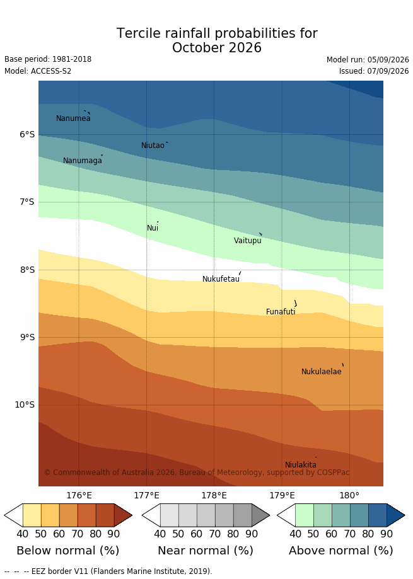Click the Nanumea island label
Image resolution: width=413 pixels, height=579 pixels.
(x=73, y=118)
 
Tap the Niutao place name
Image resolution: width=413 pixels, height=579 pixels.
(x=153, y=146)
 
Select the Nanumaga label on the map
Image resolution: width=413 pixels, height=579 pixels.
(x=83, y=161)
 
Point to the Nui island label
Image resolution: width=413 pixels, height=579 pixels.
(x=153, y=228)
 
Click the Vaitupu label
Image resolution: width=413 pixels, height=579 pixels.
(x=248, y=241)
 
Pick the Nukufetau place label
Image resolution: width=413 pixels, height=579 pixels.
(x=221, y=279)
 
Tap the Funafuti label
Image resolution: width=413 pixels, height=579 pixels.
(x=281, y=312)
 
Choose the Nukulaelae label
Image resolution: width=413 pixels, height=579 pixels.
(x=322, y=372)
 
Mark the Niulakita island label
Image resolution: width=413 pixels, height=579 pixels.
(x=301, y=465)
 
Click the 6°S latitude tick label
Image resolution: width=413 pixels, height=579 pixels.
(x=27, y=134)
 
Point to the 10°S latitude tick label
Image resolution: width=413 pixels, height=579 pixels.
(x=25, y=404)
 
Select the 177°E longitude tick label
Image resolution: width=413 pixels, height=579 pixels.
(x=147, y=495)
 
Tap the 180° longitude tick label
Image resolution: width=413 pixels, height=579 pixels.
(x=349, y=495)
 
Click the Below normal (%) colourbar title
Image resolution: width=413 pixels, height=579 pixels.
(x=68, y=551)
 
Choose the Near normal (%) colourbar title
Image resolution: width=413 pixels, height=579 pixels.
(x=206, y=551)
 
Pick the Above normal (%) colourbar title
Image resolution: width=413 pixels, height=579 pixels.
(x=341, y=551)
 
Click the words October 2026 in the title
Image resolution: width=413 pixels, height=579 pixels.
(x=217, y=48)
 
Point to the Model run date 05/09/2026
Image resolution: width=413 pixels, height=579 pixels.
(x=388, y=60)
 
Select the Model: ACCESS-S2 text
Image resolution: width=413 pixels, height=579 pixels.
(x=38, y=71)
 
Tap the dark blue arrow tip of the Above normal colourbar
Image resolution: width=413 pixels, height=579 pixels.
(x=405, y=515)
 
